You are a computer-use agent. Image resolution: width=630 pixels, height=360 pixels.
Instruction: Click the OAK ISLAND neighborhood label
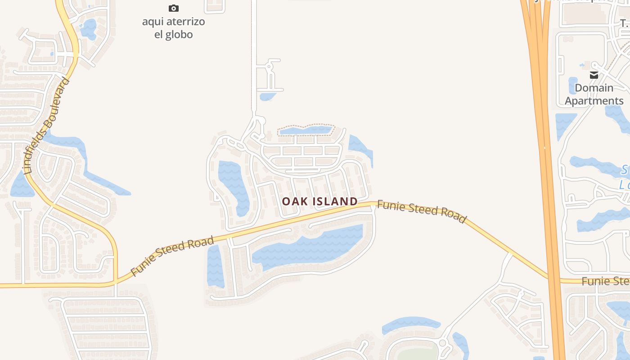click(320, 201)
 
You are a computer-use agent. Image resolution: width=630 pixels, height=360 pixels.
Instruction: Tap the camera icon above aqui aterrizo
click(174, 8)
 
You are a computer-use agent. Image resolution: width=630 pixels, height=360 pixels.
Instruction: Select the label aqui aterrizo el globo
click(174, 28)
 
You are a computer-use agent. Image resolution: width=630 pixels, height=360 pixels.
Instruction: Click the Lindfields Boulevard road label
click(46, 126)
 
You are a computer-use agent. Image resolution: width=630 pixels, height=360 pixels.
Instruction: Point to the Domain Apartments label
click(594, 94)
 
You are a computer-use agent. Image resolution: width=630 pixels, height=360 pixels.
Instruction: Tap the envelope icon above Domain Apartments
click(594, 75)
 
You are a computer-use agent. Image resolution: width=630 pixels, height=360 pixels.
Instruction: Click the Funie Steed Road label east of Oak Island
click(421, 211)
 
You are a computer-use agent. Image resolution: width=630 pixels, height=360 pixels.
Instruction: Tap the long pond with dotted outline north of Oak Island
click(306, 130)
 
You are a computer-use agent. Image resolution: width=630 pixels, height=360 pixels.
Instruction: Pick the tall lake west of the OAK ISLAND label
click(233, 184)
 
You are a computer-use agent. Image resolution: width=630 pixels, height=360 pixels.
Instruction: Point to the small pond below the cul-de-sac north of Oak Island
click(268, 96)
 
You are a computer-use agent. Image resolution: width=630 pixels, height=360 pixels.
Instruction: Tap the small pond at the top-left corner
click(89, 28)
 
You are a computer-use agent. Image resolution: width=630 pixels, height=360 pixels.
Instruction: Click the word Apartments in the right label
click(594, 101)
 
